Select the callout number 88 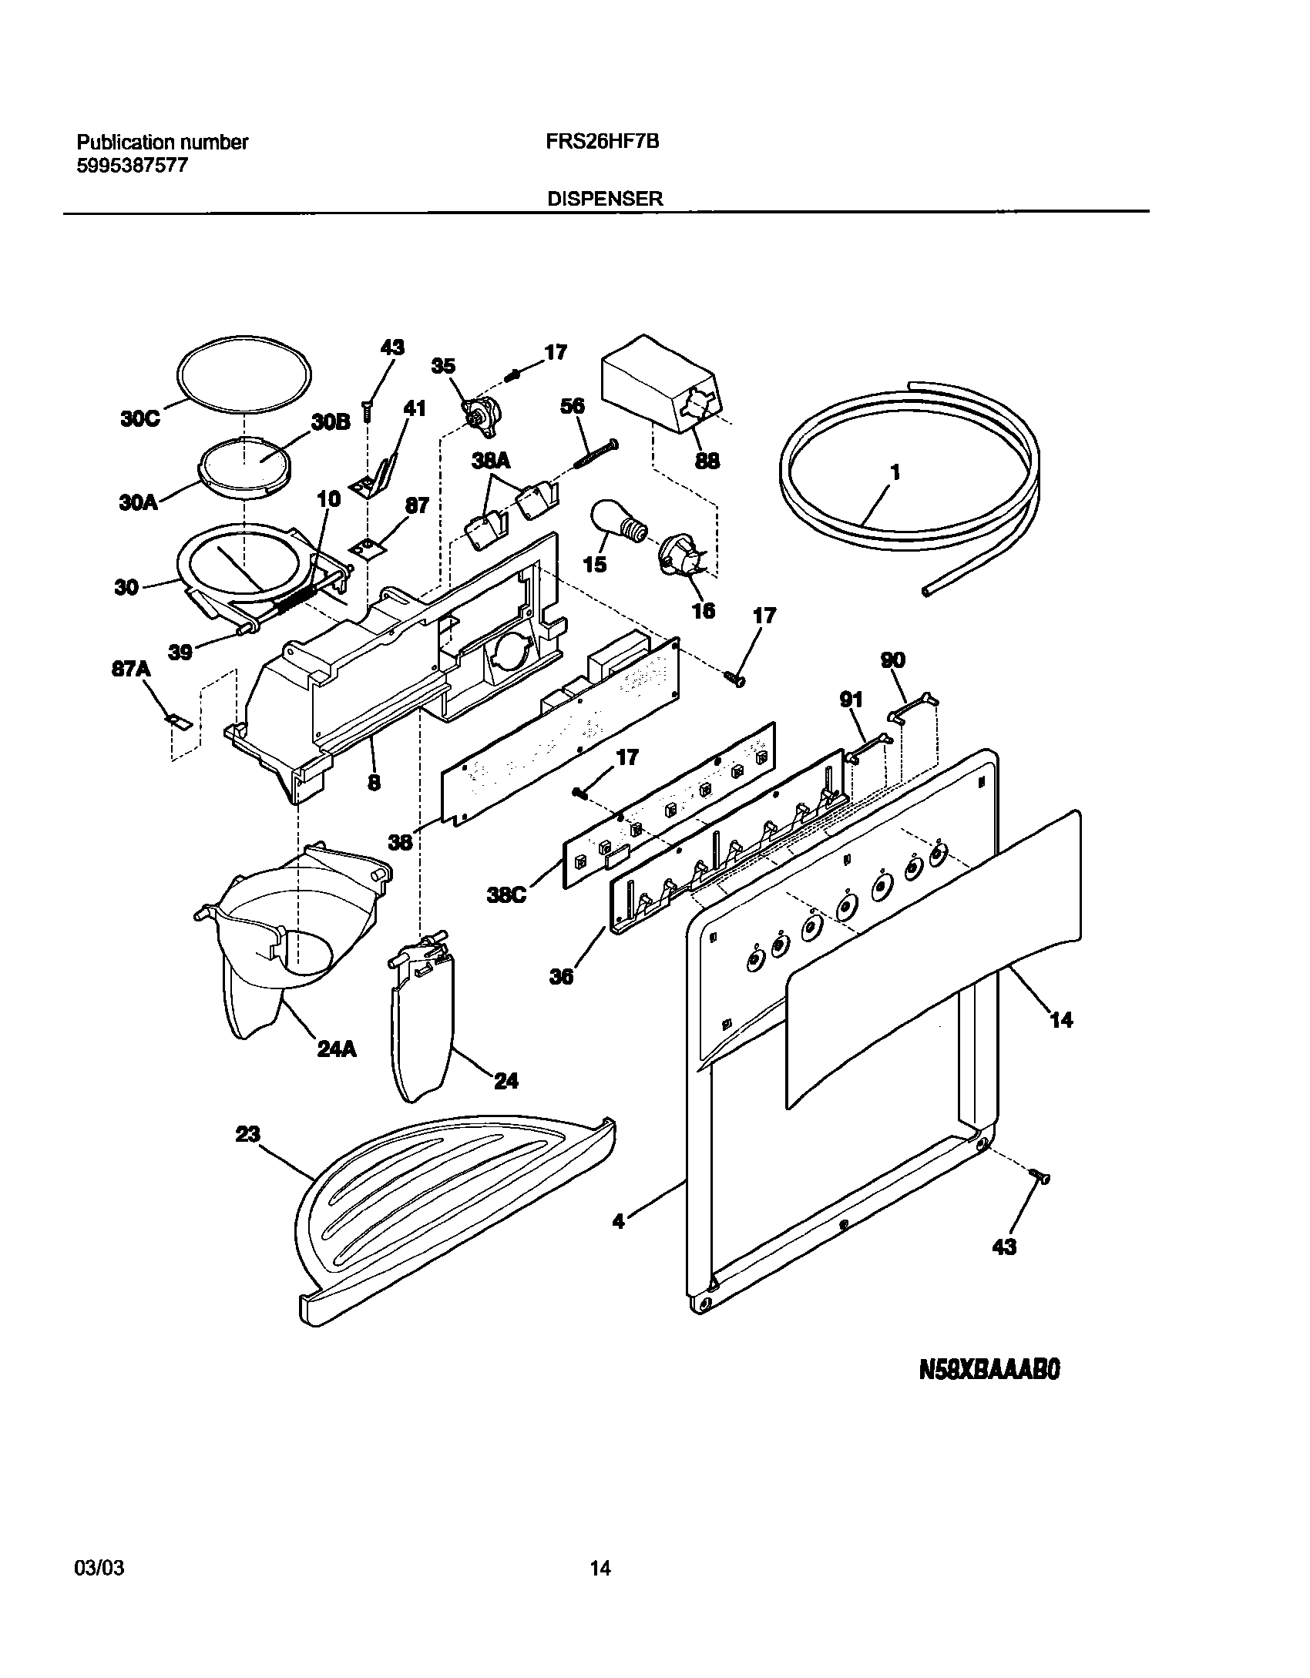tap(707, 461)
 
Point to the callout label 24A tap(337, 1049)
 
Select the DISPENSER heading tap(604, 199)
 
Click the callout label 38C tap(506, 896)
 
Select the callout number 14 tap(1061, 1020)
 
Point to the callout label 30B tap(331, 422)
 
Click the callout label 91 tap(851, 700)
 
